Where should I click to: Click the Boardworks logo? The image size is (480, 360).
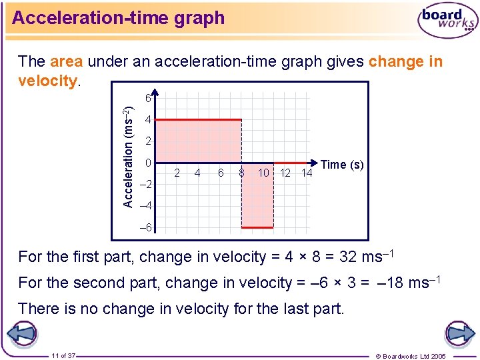pos(447,22)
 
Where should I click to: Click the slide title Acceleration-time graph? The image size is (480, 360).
pos(119,18)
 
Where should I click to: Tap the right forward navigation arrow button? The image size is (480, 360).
pos(459,334)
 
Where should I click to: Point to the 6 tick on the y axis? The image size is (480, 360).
pos(148,99)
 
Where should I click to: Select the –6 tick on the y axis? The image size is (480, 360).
pos(146,227)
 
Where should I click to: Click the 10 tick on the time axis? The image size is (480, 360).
pos(263,173)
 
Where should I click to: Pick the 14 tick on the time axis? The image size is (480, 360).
pos(306,173)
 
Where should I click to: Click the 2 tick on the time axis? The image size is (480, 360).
pos(177,173)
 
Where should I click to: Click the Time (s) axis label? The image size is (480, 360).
pos(342,165)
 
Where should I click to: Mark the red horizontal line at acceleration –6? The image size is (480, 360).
pos(257,227)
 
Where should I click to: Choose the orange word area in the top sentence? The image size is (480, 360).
pos(66,62)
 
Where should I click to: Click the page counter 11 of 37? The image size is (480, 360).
pos(63,355)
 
